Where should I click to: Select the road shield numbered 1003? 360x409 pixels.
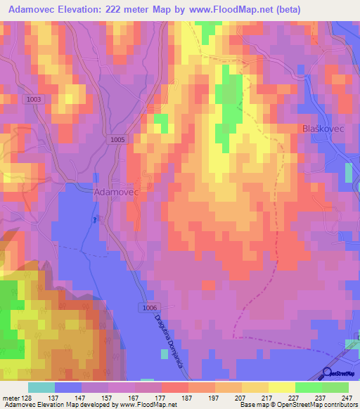click(x=34, y=100)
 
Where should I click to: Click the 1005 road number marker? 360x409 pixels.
click(x=118, y=141)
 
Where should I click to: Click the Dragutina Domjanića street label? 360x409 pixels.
click(x=167, y=338)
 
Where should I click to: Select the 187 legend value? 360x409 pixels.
click(x=188, y=396)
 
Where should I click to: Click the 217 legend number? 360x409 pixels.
click(x=269, y=396)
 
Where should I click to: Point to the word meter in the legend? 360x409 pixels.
click(x=10, y=396)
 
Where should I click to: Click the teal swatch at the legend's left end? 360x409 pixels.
click(x=41, y=387)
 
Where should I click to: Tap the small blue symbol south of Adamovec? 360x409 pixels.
click(x=96, y=219)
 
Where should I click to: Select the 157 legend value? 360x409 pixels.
click(x=108, y=396)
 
